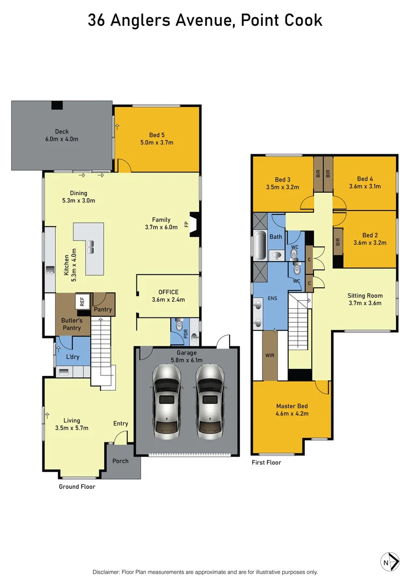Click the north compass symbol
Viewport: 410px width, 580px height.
pyautogui.click(x=390, y=562)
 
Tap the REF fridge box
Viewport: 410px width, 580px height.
pyautogui.click(x=83, y=301)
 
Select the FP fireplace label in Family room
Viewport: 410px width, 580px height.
pyautogui.click(x=186, y=224)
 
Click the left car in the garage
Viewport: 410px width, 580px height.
pyautogui.click(x=166, y=402)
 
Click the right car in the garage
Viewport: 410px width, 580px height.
pyautogui.click(x=210, y=402)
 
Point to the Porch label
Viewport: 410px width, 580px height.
pyautogui.click(x=121, y=461)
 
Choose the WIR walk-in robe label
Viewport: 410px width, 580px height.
pyautogui.click(x=270, y=355)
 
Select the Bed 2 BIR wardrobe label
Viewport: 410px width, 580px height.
pyautogui.click(x=338, y=242)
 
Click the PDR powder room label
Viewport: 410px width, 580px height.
pyautogui.click(x=186, y=334)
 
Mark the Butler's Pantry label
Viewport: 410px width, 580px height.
pyautogui.click(x=72, y=324)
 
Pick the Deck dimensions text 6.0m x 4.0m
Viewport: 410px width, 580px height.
pyautogui.click(x=62, y=139)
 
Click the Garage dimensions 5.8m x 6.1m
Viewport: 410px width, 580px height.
pyautogui.click(x=187, y=360)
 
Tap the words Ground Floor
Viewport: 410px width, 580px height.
pyautogui.click(x=77, y=487)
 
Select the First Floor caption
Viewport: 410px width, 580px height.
pyautogui.click(x=266, y=462)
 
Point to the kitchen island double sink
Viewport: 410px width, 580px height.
pyautogui.click(x=91, y=247)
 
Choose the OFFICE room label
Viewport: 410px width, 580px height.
pyautogui.click(x=169, y=292)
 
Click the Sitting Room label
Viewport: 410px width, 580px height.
pyautogui.click(x=365, y=295)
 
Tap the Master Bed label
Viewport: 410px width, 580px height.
pyautogui.click(x=292, y=406)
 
